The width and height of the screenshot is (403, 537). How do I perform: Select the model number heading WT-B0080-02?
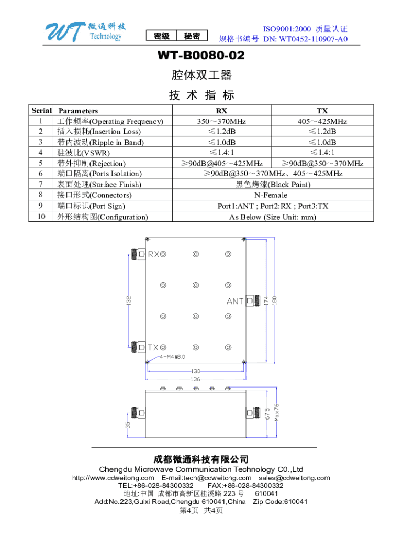(201, 56)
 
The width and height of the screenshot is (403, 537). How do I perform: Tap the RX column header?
(221, 111)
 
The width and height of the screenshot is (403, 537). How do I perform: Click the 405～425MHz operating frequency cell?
(322, 121)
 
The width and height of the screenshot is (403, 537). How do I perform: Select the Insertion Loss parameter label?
(99, 132)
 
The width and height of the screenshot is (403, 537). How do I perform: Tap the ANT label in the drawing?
(235, 302)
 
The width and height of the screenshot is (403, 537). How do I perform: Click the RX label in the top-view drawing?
(154, 255)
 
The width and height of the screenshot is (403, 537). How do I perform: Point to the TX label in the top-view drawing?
(153, 347)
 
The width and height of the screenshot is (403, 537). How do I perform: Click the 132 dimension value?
(128, 300)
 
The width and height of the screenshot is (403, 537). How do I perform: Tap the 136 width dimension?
(195, 379)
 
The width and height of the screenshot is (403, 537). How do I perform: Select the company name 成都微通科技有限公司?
(201, 459)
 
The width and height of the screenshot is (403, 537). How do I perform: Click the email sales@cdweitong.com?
(294, 478)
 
